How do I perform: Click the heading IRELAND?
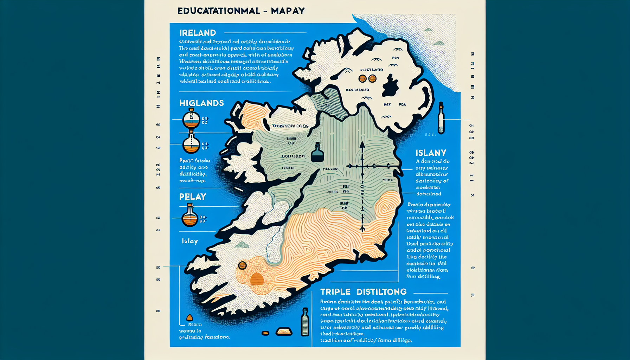(x=198, y=33)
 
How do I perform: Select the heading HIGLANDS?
(x=201, y=103)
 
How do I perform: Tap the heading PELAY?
(x=193, y=197)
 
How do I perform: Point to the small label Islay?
(x=190, y=241)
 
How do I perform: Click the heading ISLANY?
(x=431, y=153)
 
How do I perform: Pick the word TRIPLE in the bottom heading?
(x=335, y=292)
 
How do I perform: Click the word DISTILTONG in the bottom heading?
(x=381, y=292)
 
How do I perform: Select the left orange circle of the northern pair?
(x=362, y=79)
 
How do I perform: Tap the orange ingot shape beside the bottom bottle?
(x=284, y=331)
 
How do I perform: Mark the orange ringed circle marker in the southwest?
(x=242, y=265)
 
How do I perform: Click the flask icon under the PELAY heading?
(x=190, y=215)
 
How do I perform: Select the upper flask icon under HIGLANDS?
(x=191, y=118)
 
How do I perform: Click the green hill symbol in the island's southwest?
(x=242, y=245)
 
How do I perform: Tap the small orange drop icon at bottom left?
(x=189, y=318)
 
